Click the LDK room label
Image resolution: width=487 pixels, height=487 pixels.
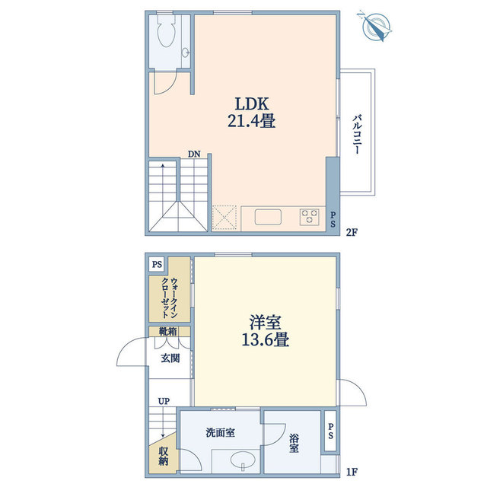[250, 103]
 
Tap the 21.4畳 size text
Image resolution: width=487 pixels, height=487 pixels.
[250, 120]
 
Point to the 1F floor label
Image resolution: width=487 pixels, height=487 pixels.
[351, 471]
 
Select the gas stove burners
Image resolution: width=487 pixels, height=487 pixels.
[310, 216]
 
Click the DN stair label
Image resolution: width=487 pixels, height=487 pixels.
[195, 154]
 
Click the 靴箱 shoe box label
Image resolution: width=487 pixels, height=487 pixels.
[168, 332]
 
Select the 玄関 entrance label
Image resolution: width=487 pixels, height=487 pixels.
[170, 358]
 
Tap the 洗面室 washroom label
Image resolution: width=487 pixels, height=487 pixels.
[220, 432]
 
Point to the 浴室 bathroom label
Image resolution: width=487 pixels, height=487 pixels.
[293, 443]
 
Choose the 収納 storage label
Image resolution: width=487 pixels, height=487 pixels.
[163, 457]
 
